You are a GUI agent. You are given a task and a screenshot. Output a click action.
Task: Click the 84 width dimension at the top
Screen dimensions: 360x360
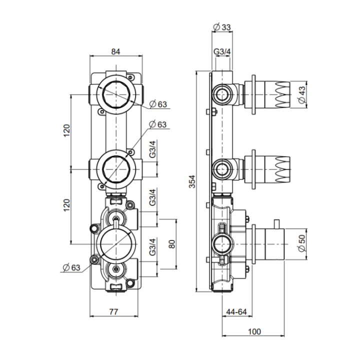pyautogui.click(x=115, y=50)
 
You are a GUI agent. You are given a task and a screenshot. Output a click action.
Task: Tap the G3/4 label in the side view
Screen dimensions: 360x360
pyautogui.click(x=222, y=51)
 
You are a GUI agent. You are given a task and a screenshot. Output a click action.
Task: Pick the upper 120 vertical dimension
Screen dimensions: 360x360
pyautogui.click(x=66, y=131)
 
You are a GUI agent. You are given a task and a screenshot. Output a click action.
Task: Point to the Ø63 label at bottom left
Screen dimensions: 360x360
pyautogui.click(x=71, y=267)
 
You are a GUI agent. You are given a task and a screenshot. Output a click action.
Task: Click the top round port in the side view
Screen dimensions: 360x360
pyautogui.click(x=222, y=93)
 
